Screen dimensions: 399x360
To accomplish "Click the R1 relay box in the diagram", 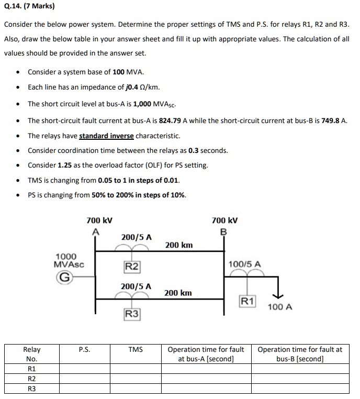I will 247,301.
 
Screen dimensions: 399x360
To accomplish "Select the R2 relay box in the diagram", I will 131,267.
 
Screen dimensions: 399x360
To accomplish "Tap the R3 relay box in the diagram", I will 132,314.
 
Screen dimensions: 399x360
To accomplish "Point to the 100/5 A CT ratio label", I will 245,264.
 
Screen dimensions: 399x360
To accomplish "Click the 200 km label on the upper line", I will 178,245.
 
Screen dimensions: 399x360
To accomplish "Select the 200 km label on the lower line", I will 178,293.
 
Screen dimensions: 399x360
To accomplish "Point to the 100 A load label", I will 279,306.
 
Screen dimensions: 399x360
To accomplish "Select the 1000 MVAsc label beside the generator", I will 66,260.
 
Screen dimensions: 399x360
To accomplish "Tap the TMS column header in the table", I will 135,349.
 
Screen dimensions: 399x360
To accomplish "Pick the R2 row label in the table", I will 31,379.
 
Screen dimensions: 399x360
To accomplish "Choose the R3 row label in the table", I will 31,389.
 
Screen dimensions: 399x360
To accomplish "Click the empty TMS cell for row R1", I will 135,369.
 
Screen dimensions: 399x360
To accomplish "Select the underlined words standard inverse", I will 106,136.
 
